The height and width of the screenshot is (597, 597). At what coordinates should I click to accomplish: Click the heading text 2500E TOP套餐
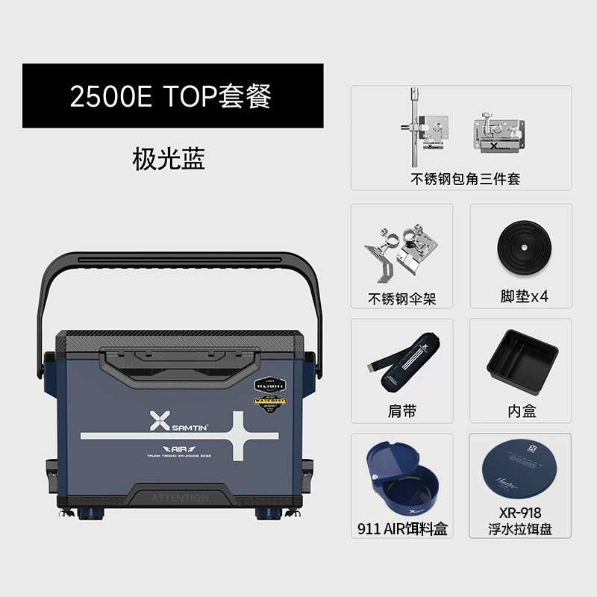tap(170, 97)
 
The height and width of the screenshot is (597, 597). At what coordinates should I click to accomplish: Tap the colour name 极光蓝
tap(169, 159)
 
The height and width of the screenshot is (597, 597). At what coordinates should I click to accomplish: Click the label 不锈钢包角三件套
tap(465, 179)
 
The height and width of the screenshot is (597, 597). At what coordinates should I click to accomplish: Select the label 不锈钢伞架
tap(401, 298)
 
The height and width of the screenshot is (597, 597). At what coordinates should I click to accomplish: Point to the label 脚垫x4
tap(524, 296)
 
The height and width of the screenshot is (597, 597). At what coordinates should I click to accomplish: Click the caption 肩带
tap(401, 411)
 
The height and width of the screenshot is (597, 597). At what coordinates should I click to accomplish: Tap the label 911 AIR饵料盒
tap(401, 529)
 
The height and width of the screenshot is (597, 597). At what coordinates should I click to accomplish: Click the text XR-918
tap(520, 513)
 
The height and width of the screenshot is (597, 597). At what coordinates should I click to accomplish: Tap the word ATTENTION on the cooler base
tap(180, 497)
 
